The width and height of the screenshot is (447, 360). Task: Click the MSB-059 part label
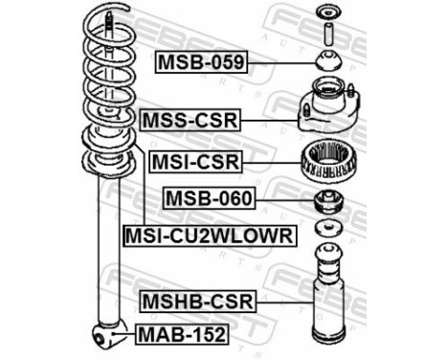click(202, 64)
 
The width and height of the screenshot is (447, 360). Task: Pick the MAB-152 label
click(182, 334)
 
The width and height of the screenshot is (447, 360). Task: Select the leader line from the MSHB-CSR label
click(282, 303)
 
